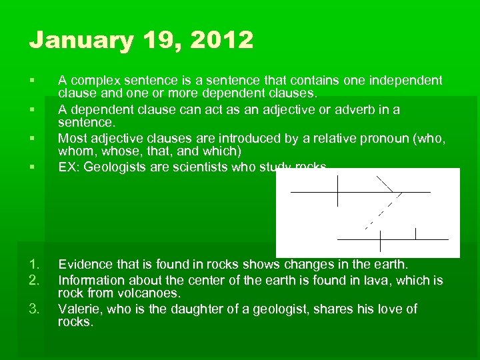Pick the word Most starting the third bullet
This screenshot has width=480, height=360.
(71, 138)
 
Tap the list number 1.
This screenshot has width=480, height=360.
(35, 266)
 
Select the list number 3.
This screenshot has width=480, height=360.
(35, 309)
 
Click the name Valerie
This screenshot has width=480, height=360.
(79, 309)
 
